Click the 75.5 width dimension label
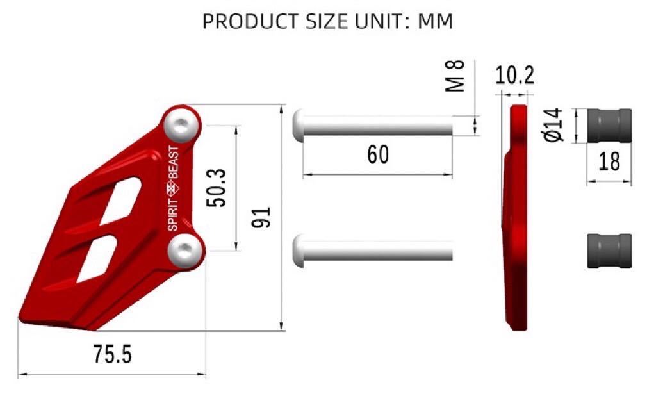[112, 354]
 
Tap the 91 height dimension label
[261, 217]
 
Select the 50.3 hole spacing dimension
[217, 188]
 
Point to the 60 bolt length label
[378, 154]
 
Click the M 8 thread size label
[455, 76]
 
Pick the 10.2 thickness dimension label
[514, 76]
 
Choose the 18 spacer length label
[609, 162]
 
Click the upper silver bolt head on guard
[181, 125]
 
